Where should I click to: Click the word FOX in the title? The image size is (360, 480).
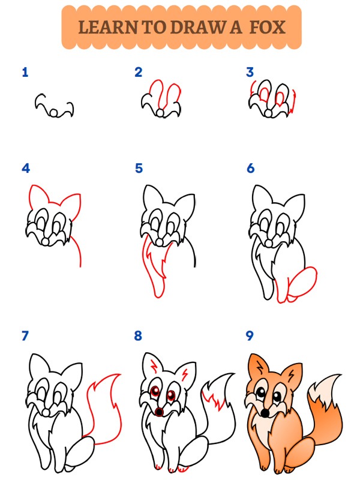coord(268,27)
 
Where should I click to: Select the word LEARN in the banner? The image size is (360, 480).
coord(108,27)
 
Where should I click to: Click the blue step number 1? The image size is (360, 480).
coord(25,73)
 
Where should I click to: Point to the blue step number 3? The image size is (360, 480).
coord(250,72)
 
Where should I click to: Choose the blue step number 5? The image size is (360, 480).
coord(139,169)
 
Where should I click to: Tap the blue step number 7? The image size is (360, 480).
coord(25,336)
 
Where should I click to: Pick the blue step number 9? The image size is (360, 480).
coord(250,336)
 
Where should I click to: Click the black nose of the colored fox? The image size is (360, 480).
coord(265,413)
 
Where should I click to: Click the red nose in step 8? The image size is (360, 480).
coord(159,412)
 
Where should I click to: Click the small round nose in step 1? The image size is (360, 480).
coord(53,113)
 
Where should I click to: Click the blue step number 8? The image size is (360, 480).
coord(138,336)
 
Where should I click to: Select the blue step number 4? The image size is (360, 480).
coord(26,169)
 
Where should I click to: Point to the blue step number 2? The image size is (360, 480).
coord(139,72)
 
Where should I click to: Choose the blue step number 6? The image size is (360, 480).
coord(250,169)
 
